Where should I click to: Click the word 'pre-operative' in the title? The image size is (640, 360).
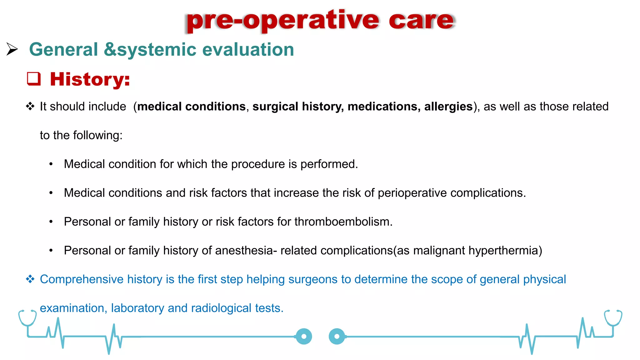(x=282, y=21)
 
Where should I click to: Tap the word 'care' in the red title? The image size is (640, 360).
(x=421, y=21)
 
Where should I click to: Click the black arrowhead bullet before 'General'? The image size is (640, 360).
(x=12, y=49)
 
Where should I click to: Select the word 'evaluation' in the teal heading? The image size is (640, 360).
(x=248, y=50)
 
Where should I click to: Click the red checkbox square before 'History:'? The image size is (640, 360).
(x=34, y=79)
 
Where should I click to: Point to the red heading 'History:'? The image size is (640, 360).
(x=90, y=79)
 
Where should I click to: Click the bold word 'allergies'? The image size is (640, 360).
(x=448, y=107)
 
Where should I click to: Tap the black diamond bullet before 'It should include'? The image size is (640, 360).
(x=30, y=106)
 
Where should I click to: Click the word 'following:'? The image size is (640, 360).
(x=97, y=135)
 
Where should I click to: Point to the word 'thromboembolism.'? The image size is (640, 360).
(x=343, y=222)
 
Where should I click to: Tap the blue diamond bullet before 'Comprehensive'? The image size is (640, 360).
(x=30, y=279)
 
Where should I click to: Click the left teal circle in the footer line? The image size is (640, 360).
(x=304, y=337)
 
